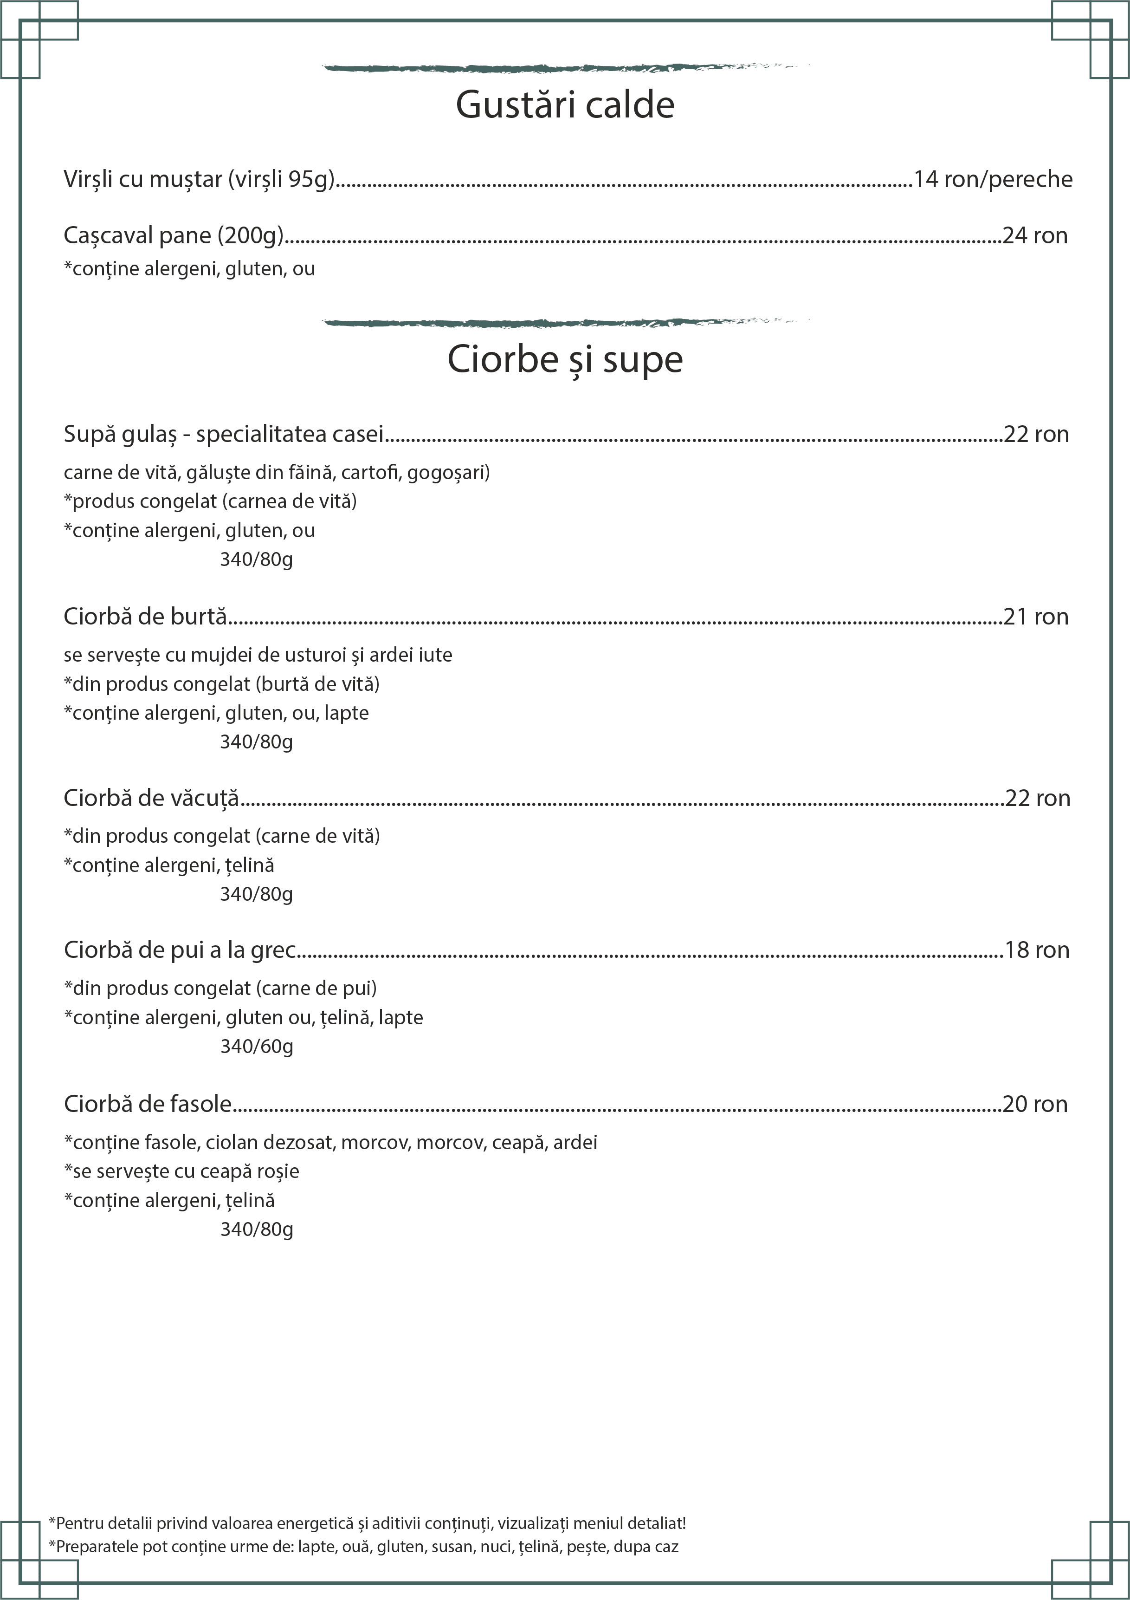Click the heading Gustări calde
(x=565, y=105)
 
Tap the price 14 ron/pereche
(x=993, y=180)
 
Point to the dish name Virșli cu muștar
(x=199, y=180)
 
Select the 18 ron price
(x=1037, y=950)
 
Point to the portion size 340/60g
(x=256, y=1047)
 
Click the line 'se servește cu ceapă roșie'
(x=182, y=1171)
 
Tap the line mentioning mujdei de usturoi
(x=258, y=655)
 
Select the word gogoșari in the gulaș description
(x=447, y=473)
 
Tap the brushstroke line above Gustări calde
(x=565, y=68)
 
